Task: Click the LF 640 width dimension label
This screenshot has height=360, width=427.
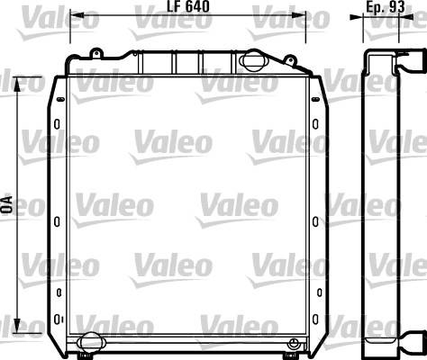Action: click(x=188, y=6)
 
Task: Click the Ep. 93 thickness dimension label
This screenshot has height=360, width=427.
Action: click(x=386, y=6)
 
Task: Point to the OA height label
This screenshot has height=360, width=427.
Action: click(x=7, y=204)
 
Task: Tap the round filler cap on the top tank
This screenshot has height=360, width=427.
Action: click(x=252, y=61)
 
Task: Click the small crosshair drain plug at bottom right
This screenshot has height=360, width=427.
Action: click(x=293, y=343)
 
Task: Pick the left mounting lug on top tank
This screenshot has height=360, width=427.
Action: click(x=96, y=53)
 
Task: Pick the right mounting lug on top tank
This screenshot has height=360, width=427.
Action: click(x=290, y=60)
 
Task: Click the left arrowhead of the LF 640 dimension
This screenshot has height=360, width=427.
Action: click(x=76, y=14)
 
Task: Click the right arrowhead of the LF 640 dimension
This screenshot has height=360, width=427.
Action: click(x=299, y=14)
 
